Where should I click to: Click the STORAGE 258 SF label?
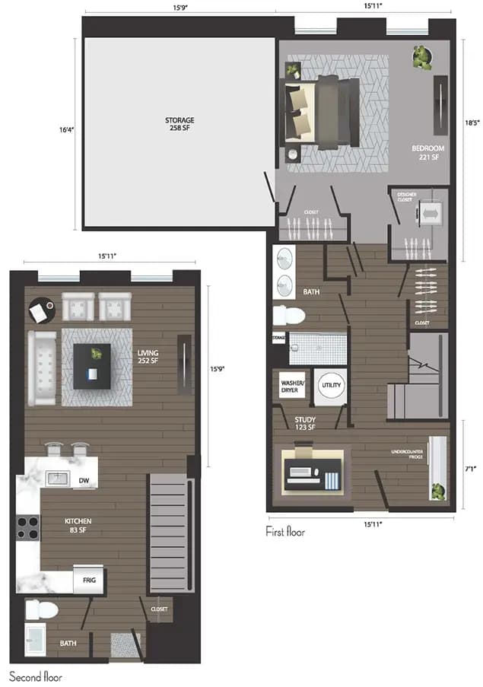[x=181, y=124]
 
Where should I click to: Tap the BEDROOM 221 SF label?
[x=427, y=152]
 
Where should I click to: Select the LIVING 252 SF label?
[x=148, y=358]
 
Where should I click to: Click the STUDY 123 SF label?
[x=305, y=422]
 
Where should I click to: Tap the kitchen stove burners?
[x=28, y=527]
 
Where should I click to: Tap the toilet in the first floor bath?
[x=289, y=313]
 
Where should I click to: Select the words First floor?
[x=285, y=532]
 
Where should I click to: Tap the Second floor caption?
[x=36, y=676]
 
